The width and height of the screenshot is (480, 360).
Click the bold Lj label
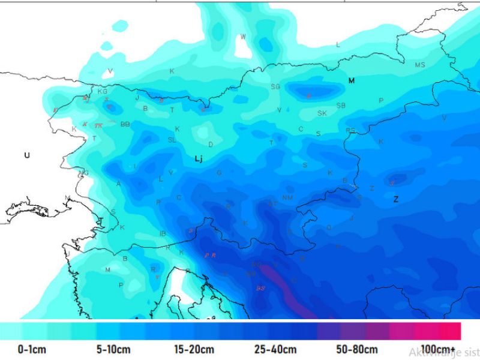199,159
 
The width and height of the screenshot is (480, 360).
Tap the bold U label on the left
26,155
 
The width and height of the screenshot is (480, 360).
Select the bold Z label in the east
395,200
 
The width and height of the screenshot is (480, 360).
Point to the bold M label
352,80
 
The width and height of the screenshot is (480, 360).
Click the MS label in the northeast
420,65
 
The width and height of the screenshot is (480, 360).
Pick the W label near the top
243,37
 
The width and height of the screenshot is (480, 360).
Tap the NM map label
287,198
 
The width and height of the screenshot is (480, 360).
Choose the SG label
275,87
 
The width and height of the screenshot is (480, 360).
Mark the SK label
322,113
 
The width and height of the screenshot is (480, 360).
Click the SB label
341,106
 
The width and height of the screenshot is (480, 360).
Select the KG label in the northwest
102,92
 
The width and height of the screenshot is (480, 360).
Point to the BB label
125,124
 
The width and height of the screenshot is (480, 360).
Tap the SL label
172,140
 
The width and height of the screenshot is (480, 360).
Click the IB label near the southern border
162,233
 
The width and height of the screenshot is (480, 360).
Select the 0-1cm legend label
32,350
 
